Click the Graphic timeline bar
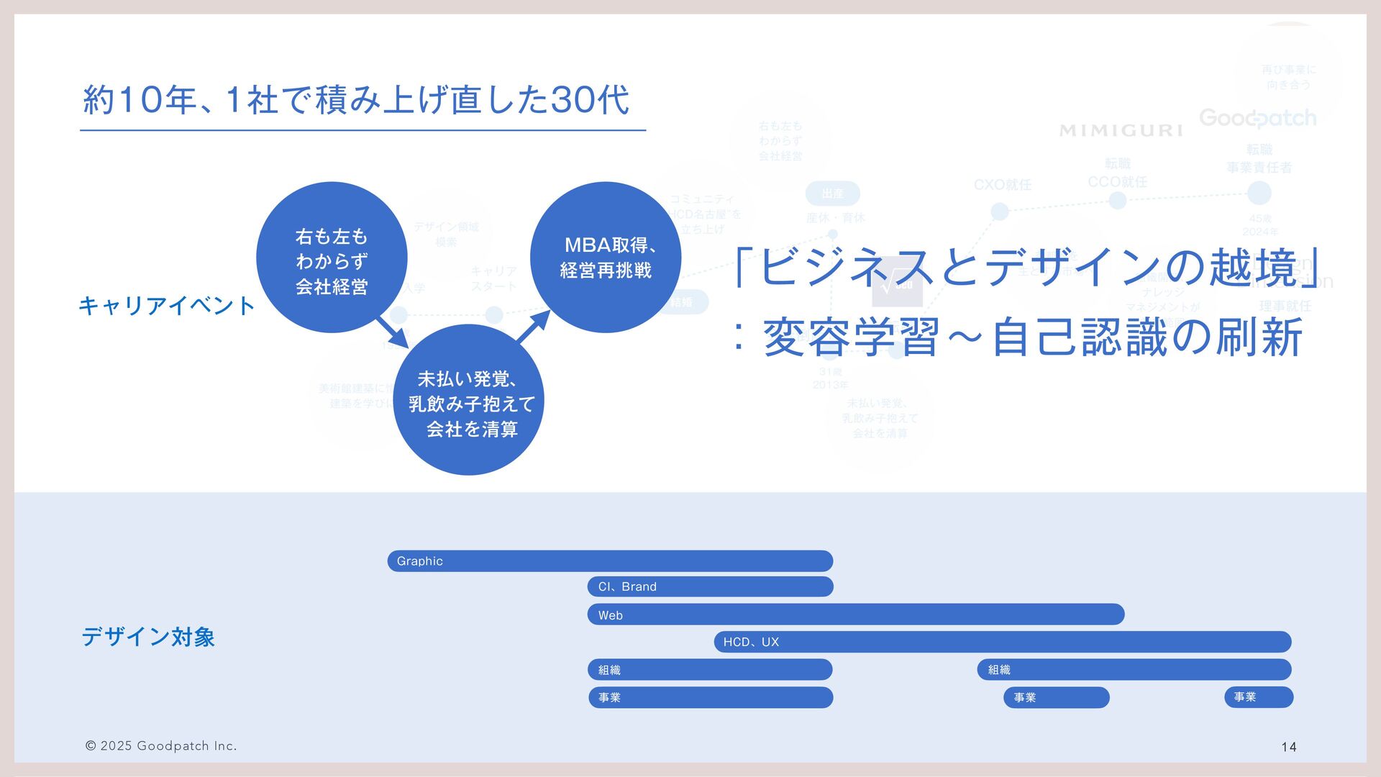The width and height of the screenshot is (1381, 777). click(x=610, y=561)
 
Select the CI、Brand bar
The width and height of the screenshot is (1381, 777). click(x=710, y=587)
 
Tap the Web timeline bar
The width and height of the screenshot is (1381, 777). click(x=856, y=615)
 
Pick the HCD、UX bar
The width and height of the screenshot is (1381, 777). click(x=1003, y=642)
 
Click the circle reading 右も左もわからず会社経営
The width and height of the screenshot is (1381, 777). click(x=332, y=258)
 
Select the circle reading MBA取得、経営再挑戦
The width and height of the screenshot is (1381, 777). click(x=606, y=258)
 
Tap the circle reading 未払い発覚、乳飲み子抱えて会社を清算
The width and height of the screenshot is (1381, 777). click(x=469, y=400)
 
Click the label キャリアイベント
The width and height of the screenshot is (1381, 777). click(x=167, y=306)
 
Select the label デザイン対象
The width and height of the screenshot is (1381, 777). click(x=148, y=637)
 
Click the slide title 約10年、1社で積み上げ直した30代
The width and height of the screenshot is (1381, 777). click(x=357, y=100)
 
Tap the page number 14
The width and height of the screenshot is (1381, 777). click(x=1289, y=748)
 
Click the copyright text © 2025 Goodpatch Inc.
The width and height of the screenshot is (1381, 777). click(x=161, y=746)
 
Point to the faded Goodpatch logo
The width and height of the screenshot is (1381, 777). click(x=1257, y=118)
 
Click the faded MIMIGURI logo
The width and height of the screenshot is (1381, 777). click(x=1121, y=130)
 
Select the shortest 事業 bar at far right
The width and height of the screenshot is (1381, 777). click(x=1259, y=697)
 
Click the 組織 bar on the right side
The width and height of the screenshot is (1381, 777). click(x=1134, y=670)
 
